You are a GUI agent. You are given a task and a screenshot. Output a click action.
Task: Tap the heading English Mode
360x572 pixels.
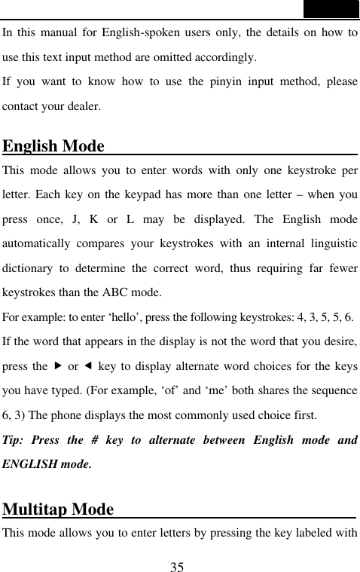click(53, 145)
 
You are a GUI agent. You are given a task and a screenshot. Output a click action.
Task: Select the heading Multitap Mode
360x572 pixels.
click(59, 509)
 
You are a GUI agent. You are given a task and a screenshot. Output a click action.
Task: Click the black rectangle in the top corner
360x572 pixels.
click(331, 8)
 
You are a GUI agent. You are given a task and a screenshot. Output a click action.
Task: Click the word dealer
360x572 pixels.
click(81, 106)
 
